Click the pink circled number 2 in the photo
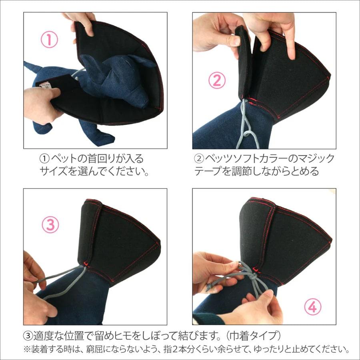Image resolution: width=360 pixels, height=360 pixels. pos(216,81)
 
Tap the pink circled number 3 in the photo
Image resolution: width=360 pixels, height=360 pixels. pos(50,225)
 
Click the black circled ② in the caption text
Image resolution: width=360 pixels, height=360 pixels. pos(199,159)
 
